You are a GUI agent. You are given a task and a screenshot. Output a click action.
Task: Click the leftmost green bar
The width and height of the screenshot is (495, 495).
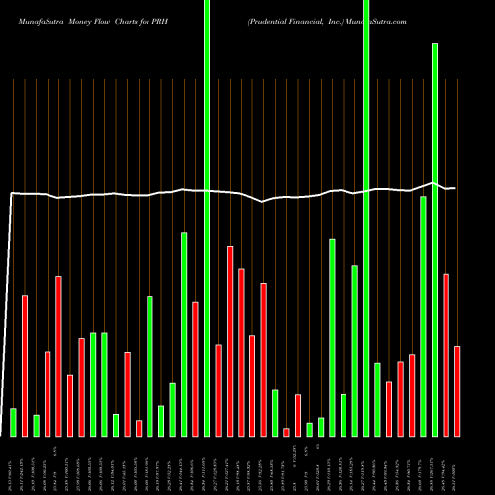click(13, 422)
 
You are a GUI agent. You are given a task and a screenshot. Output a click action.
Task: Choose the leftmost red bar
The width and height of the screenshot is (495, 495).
click(25, 365)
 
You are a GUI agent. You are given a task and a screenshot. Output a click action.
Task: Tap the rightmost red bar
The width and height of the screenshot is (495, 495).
click(457, 390)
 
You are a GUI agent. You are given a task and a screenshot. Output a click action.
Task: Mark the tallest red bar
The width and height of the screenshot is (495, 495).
click(230, 341)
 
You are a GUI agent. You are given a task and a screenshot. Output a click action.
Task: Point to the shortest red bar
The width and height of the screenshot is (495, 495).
click(287, 432)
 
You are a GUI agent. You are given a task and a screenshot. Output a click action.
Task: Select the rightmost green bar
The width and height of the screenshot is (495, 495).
click(435, 239)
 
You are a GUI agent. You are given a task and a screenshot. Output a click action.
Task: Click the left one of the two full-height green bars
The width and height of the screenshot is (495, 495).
click(207, 218)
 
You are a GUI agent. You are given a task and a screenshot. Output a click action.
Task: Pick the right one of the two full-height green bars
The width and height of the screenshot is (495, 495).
click(366, 218)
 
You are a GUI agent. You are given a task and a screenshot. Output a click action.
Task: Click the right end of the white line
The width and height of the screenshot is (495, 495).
click(454, 188)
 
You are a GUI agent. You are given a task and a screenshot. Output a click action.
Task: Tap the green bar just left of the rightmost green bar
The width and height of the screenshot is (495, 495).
click(423, 316)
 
